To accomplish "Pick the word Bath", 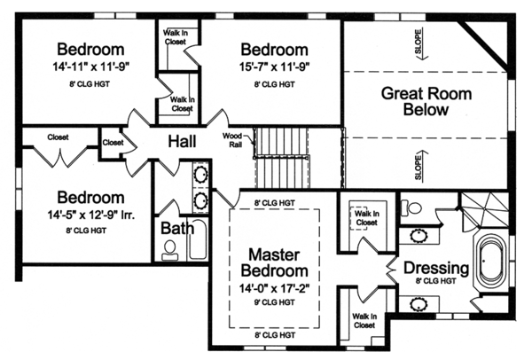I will coord(177,228).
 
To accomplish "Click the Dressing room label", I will coord(434,267).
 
